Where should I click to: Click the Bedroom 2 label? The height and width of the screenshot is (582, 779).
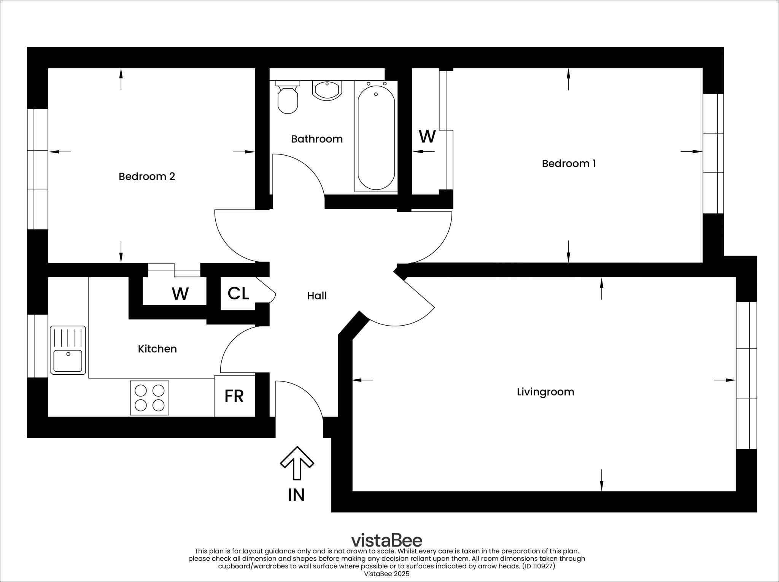point(147,177)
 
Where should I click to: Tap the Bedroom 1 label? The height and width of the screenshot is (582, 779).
point(569,164)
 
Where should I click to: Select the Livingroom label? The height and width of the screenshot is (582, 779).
point(545,392)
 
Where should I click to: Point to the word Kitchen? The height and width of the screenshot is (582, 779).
point(157,349)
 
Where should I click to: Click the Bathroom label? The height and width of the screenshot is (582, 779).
point(317,139)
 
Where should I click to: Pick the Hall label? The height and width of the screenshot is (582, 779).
point(317,296)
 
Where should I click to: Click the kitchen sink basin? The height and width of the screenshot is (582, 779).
point(68,361)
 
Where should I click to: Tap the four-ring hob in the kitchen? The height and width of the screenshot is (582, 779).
point(149,398)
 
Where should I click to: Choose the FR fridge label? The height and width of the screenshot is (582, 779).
point(234,396)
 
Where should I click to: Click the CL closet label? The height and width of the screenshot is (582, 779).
point(238,293)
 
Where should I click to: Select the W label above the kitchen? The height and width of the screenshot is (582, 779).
point(180,294)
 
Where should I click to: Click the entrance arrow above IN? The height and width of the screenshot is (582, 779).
point(297,463)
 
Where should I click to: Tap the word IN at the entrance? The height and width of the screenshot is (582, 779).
point(296,495)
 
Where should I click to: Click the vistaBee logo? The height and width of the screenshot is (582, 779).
point(386,540)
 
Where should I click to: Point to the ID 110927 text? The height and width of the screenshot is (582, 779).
point(539,566)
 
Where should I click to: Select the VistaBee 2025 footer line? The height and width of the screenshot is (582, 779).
point(386,574)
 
